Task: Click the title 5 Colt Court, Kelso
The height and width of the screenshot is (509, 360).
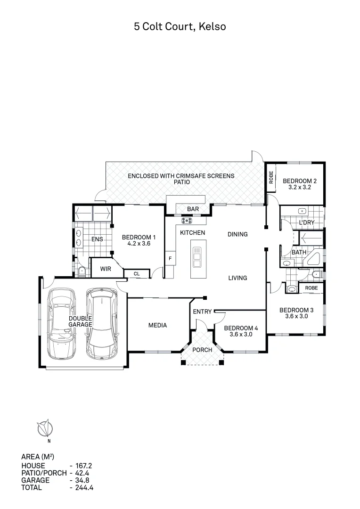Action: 180,27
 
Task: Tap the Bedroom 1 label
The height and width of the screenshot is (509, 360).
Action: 139,237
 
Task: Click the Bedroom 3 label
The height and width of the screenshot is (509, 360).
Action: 296,310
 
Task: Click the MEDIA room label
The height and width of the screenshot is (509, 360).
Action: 157,325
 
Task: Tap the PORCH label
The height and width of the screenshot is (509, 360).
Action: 203,350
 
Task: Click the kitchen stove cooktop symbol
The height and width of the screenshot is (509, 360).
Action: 187,220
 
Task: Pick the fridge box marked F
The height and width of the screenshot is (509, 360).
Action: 170,258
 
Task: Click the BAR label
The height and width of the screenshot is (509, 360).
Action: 193,209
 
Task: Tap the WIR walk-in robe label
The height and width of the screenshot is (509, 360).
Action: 106,269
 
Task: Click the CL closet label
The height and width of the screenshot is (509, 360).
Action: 137,273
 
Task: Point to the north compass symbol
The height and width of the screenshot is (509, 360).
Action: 46,428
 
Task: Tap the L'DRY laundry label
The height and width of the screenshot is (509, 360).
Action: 307,223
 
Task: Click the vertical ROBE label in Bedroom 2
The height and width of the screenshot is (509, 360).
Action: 271,177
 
